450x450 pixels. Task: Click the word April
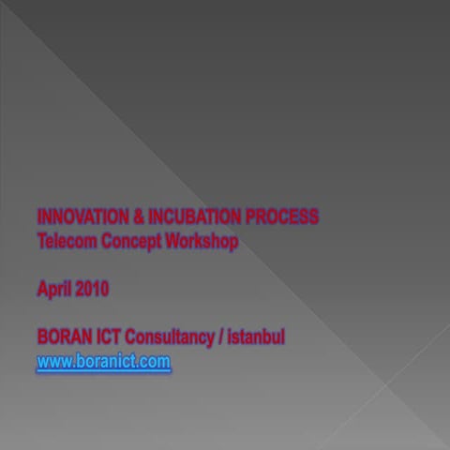tap(52, 290)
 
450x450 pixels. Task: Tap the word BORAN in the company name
tap(63, 337)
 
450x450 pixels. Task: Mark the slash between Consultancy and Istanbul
tap(221, 337)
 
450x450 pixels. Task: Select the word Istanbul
tap(256, 337)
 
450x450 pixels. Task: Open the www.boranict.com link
tap(104, 361)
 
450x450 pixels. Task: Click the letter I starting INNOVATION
tap(39, 217)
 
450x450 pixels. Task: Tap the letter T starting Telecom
tap(41, 241)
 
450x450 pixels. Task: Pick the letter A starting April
tap(42, 290)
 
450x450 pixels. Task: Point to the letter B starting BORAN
tap(42, 337)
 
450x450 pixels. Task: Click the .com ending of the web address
tap(155, 361)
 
